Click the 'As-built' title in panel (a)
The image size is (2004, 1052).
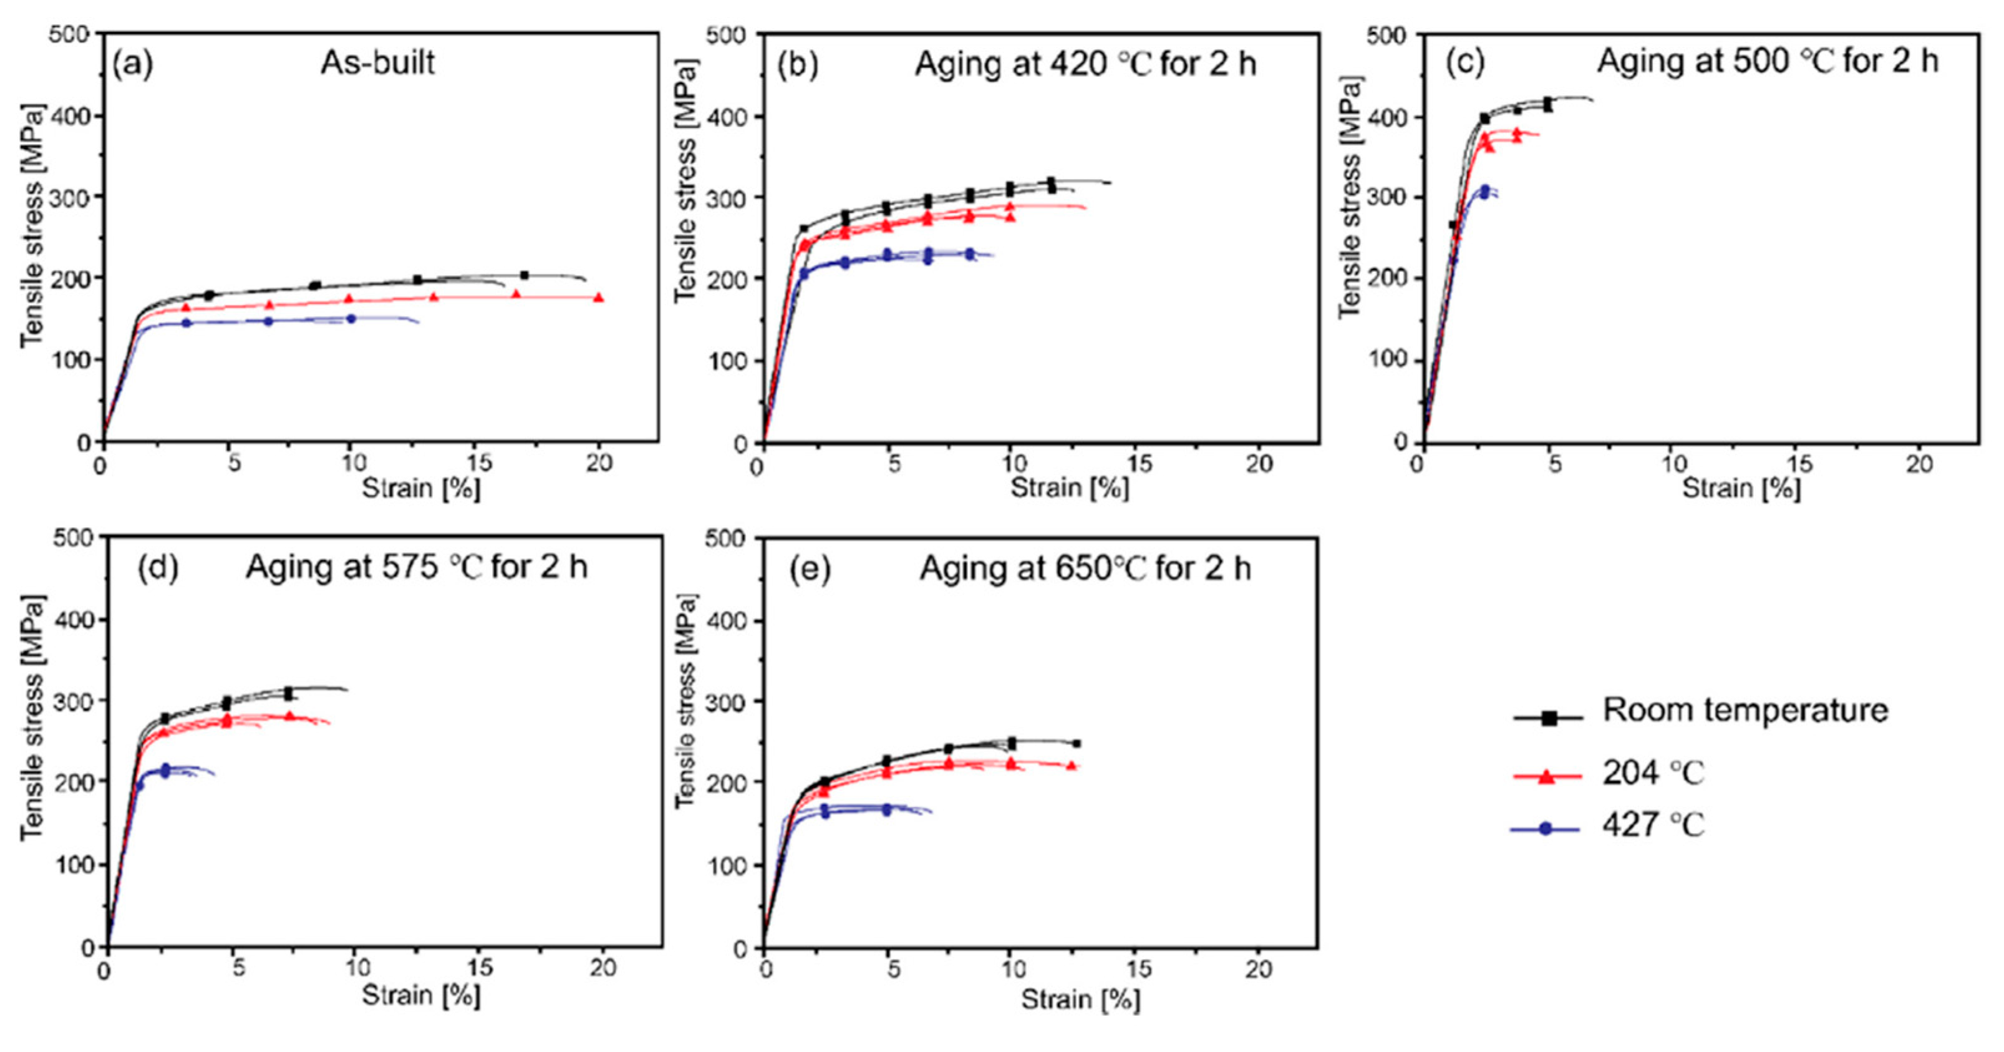377,62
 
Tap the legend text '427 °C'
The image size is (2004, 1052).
1653,825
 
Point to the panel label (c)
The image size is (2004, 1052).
1465,62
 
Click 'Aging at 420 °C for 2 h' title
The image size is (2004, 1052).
1085,64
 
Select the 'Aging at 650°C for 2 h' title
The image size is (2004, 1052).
1085,569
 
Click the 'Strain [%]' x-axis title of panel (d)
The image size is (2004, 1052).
421,995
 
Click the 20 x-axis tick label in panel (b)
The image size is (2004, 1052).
1259,464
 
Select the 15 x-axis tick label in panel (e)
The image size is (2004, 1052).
1138,970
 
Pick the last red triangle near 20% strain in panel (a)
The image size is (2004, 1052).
598,297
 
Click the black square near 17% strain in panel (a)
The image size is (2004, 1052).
525,275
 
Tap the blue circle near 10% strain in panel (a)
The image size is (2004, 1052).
351,318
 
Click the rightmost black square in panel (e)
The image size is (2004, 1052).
1076,744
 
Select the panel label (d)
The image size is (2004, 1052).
158,568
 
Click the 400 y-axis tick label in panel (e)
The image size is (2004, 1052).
729,621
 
